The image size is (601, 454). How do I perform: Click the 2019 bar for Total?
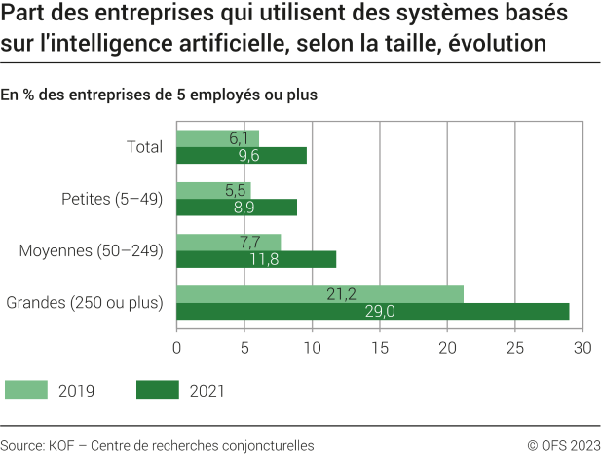217,138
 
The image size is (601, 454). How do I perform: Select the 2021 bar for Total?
242,156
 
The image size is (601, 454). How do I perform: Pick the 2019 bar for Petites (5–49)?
213,191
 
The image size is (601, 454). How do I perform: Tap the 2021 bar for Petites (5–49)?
237,208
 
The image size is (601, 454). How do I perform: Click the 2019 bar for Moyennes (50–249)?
228,242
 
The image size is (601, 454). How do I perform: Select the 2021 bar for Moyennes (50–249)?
256,259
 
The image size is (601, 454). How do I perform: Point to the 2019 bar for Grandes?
319,294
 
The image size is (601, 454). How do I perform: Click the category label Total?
144,147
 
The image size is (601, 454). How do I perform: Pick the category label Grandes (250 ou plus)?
85,303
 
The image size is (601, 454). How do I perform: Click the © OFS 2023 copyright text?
562,444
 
